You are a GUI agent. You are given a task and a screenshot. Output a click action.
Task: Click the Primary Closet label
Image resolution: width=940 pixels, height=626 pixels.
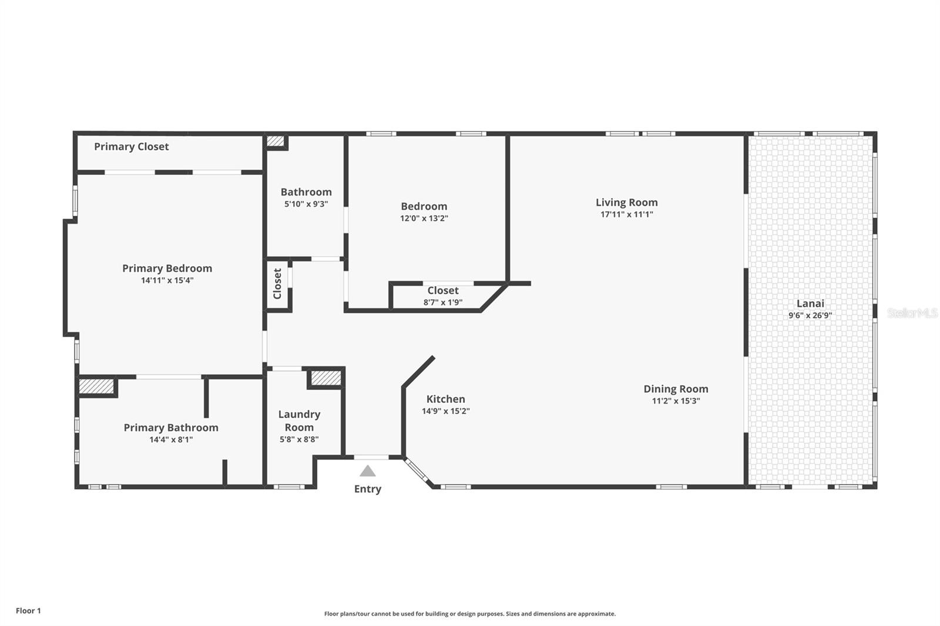point(132,146)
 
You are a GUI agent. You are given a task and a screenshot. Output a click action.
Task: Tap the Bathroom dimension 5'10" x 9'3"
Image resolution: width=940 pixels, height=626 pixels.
point(306,204)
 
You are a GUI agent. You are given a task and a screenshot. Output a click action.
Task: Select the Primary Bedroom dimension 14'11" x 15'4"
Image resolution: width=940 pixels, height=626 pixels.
point(167,280)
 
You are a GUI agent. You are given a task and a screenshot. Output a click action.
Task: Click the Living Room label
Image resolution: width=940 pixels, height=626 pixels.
point(626,202)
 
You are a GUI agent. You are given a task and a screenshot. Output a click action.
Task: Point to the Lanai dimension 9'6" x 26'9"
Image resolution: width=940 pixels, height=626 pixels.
point(810,315)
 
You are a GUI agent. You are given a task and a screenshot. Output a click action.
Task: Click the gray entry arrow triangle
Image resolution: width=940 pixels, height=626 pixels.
point(368,471)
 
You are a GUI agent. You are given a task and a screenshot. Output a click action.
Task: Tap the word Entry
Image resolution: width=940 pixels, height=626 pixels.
point(368,489)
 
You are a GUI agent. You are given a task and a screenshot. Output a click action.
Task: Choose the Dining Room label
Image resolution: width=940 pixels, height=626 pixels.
point(676,389)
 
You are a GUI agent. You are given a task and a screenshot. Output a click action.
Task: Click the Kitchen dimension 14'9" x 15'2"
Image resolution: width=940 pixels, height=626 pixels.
point(446,410)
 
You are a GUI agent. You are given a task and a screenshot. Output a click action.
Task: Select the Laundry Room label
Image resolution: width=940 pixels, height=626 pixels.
point(299,420)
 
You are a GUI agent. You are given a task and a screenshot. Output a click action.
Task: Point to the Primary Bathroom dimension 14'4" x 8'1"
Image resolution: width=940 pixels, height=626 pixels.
point(171,440)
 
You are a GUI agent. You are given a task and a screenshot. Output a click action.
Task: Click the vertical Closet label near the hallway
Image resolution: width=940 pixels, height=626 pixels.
point(277,284)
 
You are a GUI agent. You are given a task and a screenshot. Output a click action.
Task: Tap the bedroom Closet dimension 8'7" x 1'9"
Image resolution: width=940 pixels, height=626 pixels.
point(443,302)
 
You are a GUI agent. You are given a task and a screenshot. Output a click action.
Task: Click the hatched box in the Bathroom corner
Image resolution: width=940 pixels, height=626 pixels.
point(276,141)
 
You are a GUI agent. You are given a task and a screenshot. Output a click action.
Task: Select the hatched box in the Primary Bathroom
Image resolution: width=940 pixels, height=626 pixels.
point(96,386)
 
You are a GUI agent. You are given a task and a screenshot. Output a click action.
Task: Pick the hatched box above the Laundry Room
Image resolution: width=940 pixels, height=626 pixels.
point(325,378)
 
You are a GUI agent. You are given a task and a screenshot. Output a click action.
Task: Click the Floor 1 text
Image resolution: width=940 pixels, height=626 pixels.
point(29,611)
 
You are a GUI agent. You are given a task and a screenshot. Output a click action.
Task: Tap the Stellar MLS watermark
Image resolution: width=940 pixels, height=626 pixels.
point(912,313)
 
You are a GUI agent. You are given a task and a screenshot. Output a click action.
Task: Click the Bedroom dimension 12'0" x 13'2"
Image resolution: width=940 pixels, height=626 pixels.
point(424,218)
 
